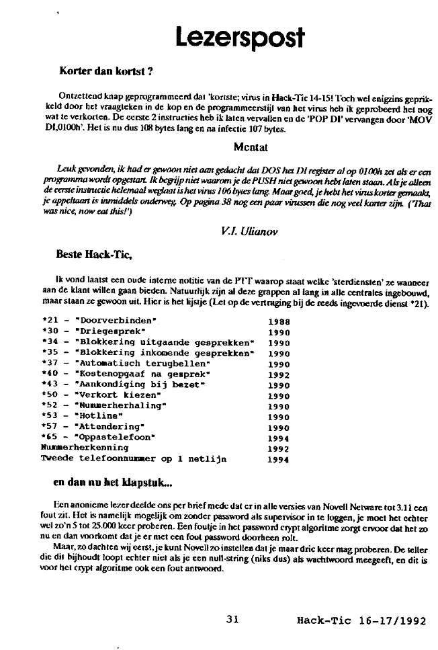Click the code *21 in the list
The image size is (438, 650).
[50, 321]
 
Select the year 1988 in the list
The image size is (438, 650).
[279, 321]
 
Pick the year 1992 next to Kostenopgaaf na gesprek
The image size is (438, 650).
[279, 374]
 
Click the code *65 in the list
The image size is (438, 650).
[50, 437]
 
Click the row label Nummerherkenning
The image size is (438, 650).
[85, 447]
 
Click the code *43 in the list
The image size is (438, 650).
[50, 384]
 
